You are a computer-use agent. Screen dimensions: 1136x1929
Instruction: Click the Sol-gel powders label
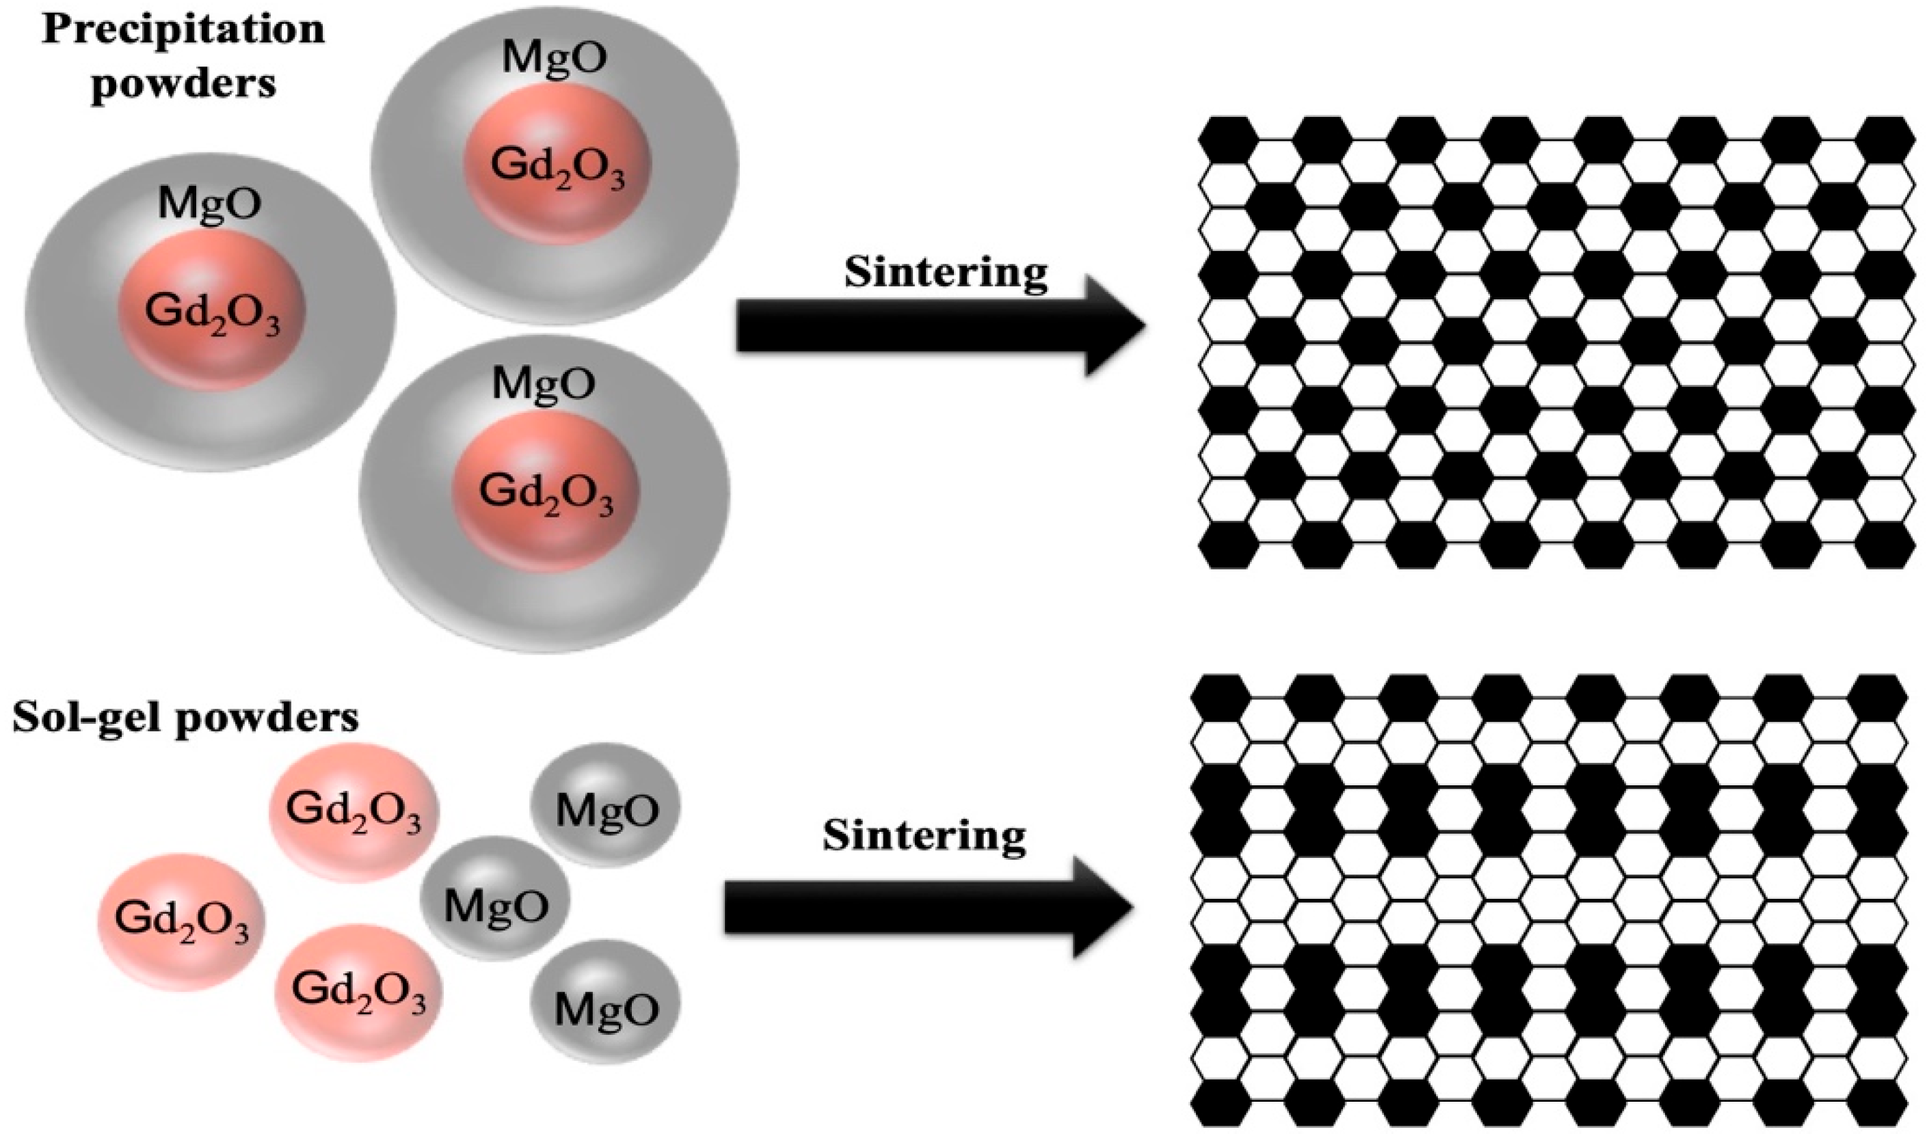185,719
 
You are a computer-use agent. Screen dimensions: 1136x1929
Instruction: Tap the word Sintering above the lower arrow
924,836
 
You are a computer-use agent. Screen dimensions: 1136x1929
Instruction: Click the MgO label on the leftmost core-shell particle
209,203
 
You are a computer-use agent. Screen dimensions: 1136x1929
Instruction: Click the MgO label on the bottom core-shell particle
543,383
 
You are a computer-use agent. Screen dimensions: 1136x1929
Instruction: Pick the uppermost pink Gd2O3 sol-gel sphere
354,811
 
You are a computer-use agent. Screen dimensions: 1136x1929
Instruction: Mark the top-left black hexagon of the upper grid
1228,139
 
